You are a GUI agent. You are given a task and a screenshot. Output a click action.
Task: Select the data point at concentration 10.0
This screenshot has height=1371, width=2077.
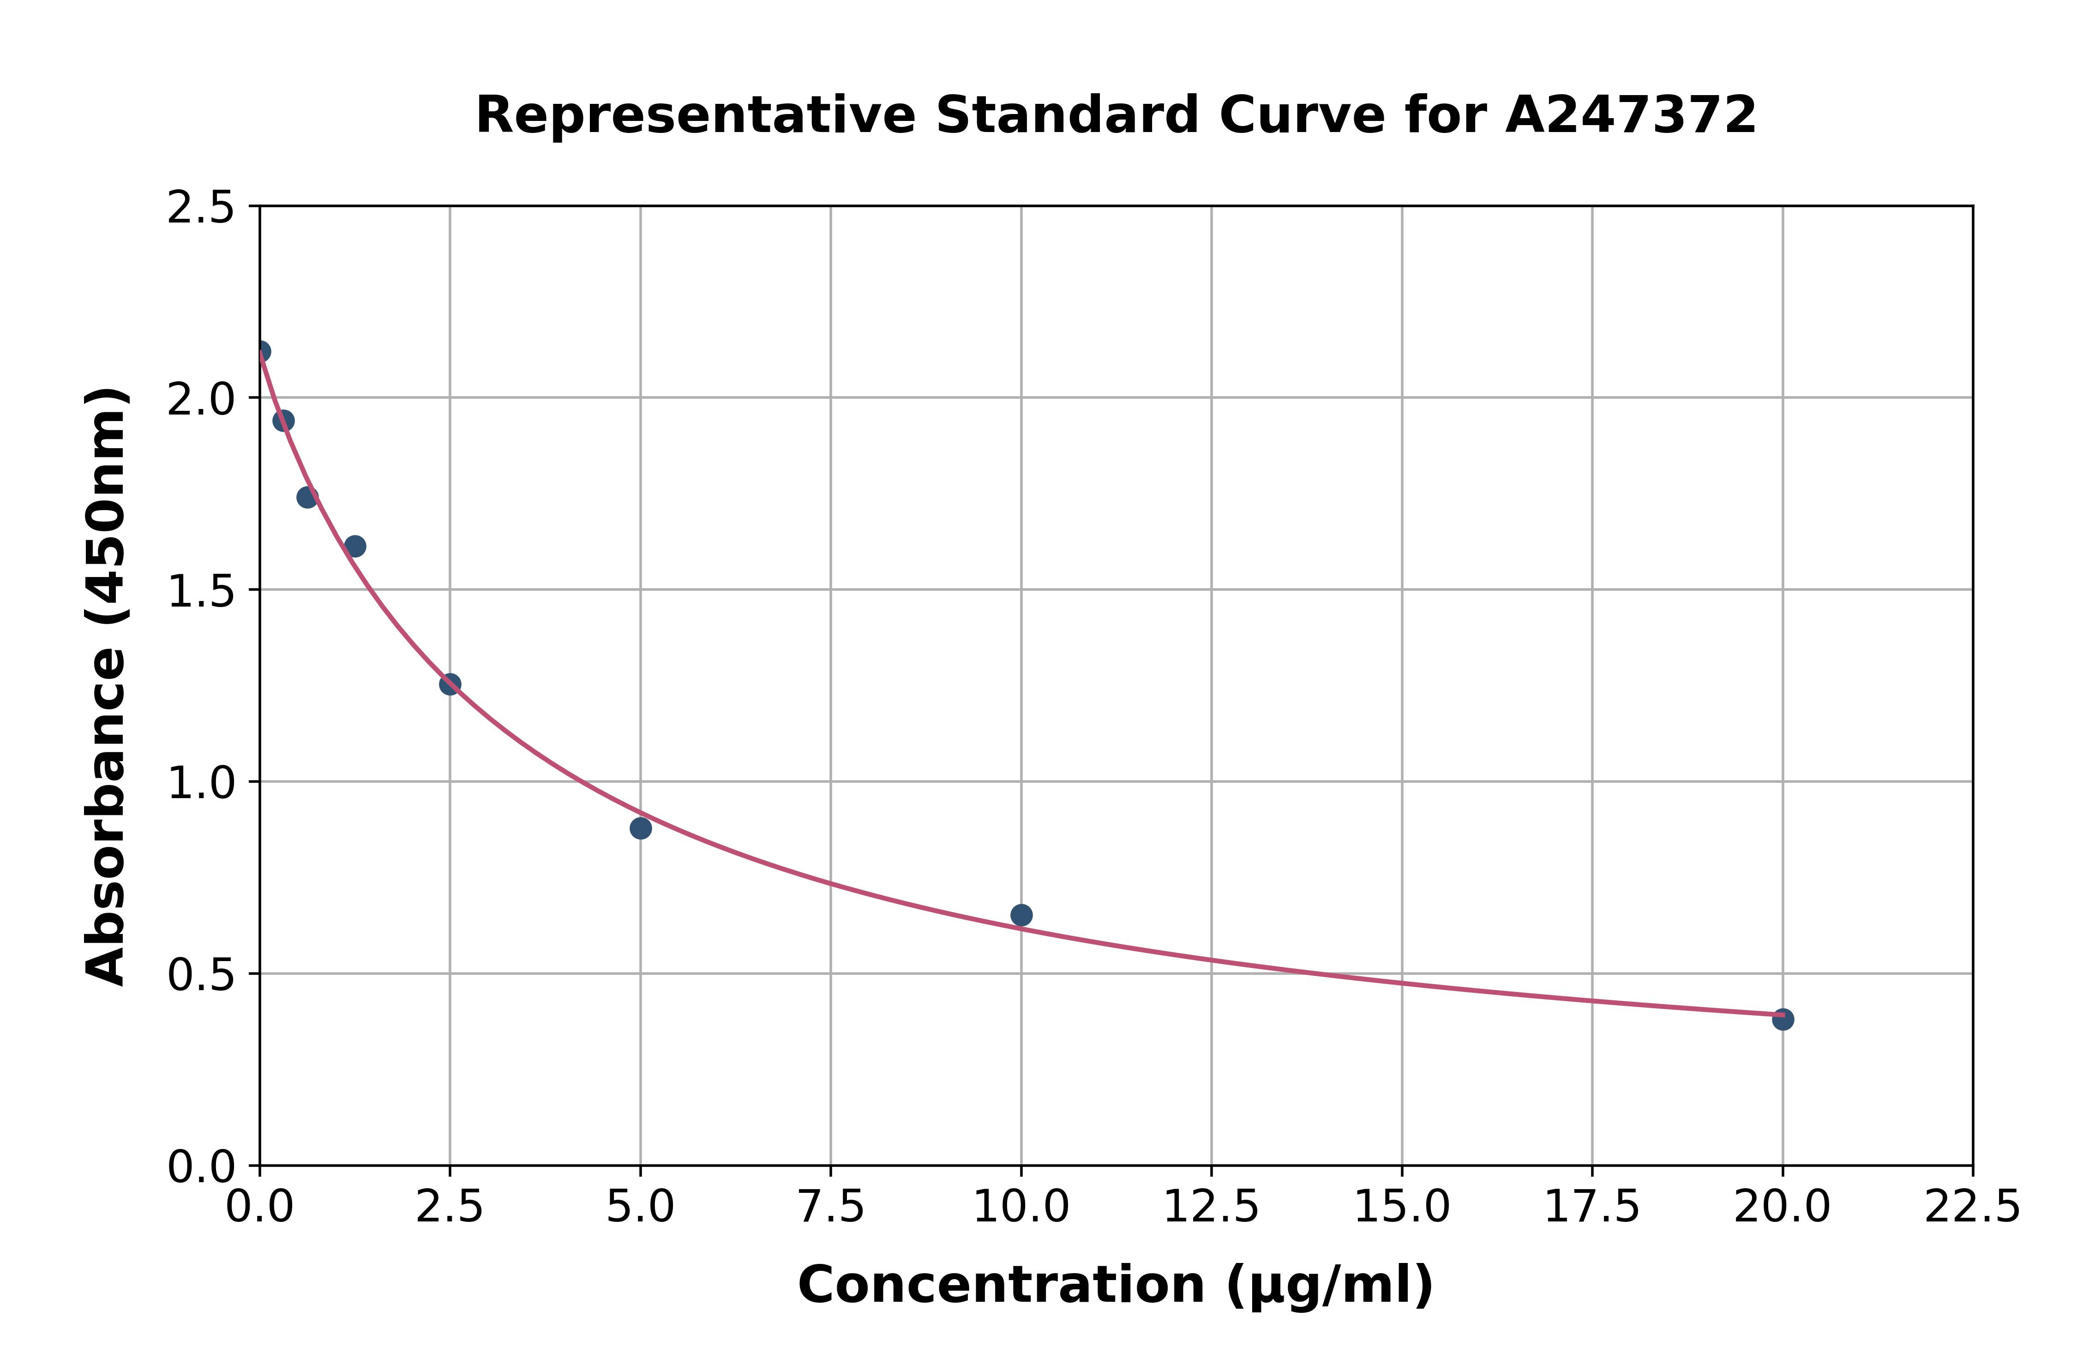[1021, 914]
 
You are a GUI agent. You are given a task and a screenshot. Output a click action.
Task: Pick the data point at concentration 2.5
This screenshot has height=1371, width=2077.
[450, 684]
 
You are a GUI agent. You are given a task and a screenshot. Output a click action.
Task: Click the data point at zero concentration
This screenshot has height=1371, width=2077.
[260, 351]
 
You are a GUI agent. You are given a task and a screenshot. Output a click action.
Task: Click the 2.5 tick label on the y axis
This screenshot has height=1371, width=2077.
[201, 208]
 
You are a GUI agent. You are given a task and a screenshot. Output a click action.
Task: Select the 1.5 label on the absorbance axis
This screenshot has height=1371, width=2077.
[201, 592]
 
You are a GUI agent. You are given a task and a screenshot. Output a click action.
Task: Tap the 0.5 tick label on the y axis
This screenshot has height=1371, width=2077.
[201, 976]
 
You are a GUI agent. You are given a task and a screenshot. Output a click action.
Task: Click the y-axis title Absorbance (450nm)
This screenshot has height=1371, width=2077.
[107, 686]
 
